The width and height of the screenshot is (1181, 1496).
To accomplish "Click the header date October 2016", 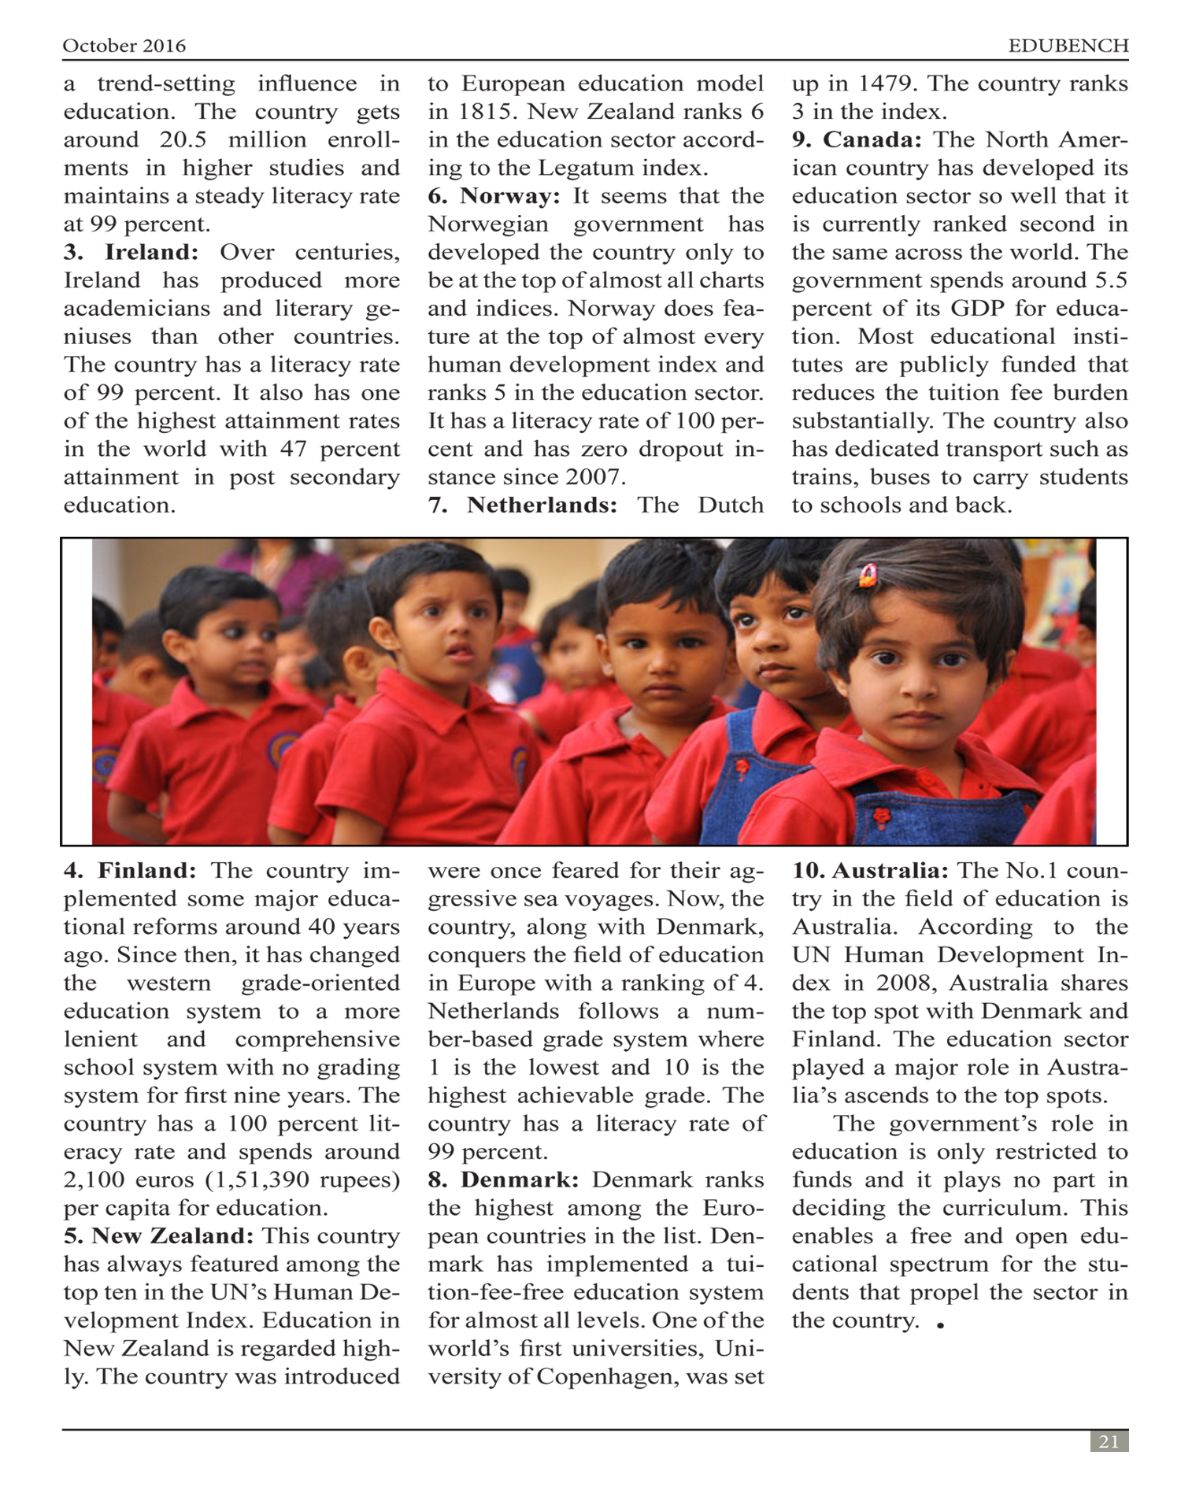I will click(x=124, y=46).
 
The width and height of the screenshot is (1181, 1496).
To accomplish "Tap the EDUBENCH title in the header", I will click(x=1068, y=46).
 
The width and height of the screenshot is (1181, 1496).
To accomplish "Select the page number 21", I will click(x=1109, y=1442).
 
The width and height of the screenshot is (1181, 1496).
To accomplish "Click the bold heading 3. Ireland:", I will click(x=131, y=252).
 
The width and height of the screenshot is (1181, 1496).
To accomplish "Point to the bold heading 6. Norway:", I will click(x=494, y=196).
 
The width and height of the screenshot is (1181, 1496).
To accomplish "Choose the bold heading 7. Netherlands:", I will click(x=523, y=505).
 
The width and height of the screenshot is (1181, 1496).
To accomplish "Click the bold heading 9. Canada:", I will click(x=857, y=139).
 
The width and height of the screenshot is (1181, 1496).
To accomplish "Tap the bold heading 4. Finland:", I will click(x=130, y=871).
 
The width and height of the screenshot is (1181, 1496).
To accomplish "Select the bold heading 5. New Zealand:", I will click(x=158, y=1236).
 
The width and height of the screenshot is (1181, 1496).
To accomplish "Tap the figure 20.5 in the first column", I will click(x=183, y=140).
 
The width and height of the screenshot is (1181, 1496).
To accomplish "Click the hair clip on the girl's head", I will click(x=868, y=576).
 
